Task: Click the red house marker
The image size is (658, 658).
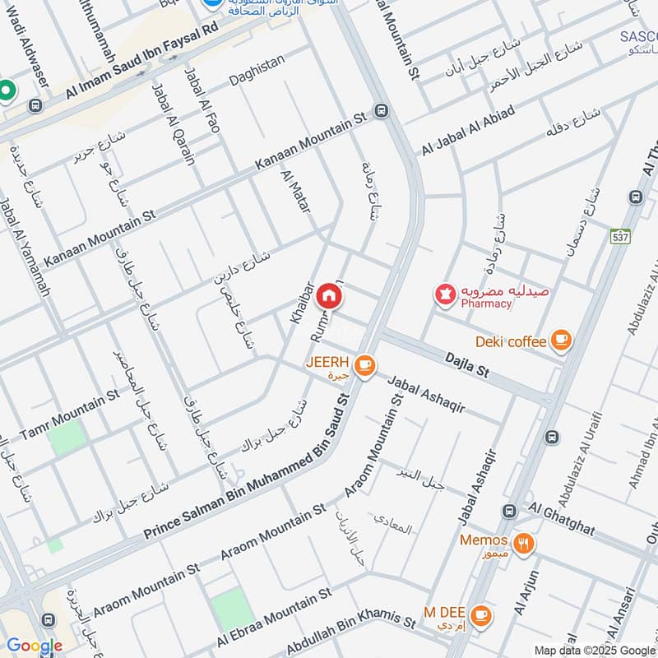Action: coord(329,295)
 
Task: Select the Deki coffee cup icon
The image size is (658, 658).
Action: coord(560,341)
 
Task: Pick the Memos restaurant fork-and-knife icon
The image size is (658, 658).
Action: coord(522,543)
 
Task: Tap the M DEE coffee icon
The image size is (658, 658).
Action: coord(481,613)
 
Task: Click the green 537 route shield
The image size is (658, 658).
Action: coord(620,237)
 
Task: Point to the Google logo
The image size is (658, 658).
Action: coord(34,646)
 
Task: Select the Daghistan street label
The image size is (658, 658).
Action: coord(257,60)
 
